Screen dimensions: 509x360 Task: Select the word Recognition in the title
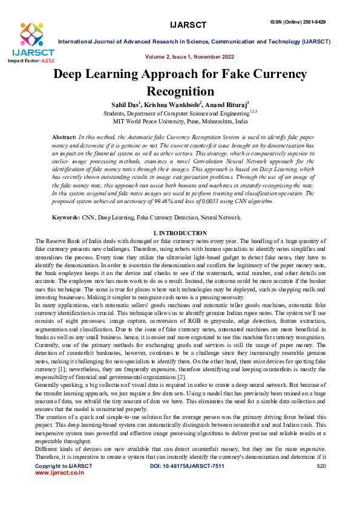pos(180,91)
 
